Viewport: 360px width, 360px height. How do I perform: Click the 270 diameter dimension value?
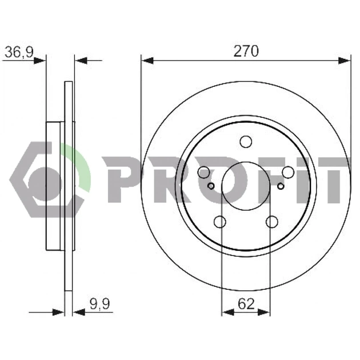click(246, 51)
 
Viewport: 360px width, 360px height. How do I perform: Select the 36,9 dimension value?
click(19, 53)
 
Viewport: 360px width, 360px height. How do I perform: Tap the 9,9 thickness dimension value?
click(100, 304)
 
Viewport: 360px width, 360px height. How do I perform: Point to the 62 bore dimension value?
click(246, 304)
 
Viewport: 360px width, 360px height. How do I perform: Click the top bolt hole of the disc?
click(246, 142)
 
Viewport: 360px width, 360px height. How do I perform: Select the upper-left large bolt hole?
click(203, 172)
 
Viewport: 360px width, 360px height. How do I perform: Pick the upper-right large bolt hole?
click(288, 172)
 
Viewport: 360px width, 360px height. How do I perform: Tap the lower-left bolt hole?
click(220, 222)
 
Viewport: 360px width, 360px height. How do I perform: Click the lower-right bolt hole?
click(272, 222)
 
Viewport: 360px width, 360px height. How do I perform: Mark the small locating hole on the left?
click(211, 186)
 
